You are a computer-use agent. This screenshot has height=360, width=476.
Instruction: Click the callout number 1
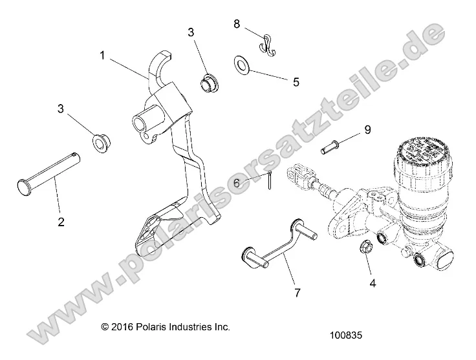click(102, 56)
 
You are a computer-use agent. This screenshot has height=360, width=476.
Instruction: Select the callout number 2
click(61, 222)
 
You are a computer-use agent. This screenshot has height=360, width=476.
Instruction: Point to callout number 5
click(296, 82)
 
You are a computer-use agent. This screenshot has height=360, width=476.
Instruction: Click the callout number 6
click(237, 184)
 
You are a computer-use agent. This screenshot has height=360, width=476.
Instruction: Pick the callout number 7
click(297, 293)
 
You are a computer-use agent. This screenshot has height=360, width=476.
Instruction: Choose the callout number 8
click(237, 25)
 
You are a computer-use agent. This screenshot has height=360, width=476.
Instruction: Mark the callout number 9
click(367, 130)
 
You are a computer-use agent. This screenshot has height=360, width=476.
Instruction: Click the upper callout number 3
click(191, 32)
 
